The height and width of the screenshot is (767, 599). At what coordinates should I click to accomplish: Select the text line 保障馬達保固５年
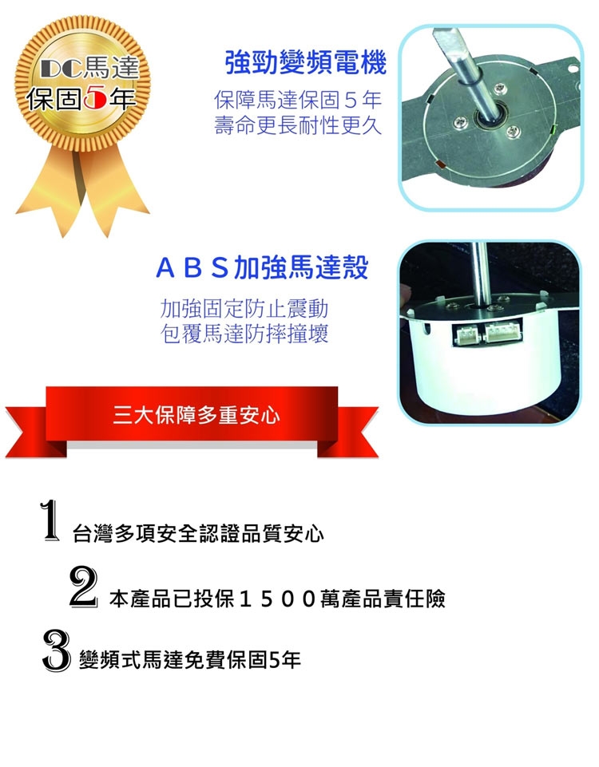pyautogui.click(x=298, y=101)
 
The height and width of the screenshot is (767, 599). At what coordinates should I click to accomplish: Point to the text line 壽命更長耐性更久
pyautogui.click(x=298, y=125)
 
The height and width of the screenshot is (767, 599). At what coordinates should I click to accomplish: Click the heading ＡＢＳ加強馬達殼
pyautogui.click(x=261, y=268)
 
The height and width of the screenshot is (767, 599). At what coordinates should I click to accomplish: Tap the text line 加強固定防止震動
pyautogui.click(x=244, y=308)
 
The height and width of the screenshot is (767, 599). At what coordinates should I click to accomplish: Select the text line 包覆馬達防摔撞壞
pyautogui.click(x=244, y=333)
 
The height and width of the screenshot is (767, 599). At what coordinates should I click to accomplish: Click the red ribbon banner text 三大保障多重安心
pyautogui.click(x=196, y=416)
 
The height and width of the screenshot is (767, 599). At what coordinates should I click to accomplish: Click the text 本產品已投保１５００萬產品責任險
pyautogui.click(x=276, y=599)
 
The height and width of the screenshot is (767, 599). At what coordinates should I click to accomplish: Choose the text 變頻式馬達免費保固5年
pyautogui.click(x=189, y=661)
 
